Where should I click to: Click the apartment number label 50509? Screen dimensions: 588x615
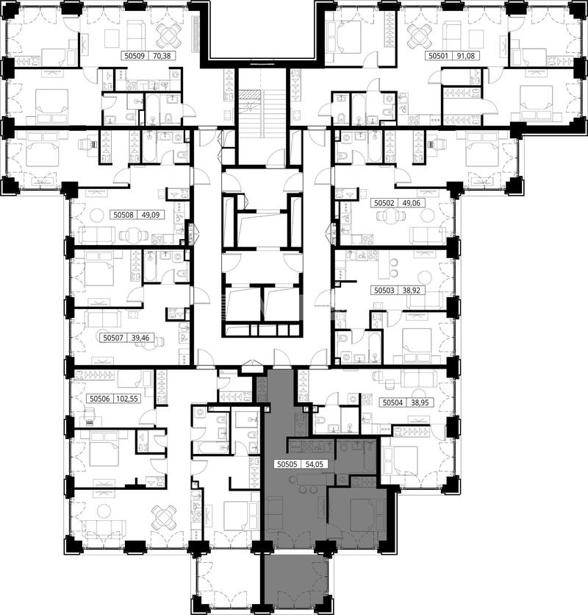pyautogui.click(x=135, y=56)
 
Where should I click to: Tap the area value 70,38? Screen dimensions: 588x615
pyautogui.click(x=162, y=56)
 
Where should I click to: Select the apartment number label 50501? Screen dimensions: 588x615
pyautogui.click(x=438, y=56)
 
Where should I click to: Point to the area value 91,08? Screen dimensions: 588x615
pyautogui.click(x=465, y=56)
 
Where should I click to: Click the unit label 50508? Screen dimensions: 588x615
pyautogui.click(x=124, y=215)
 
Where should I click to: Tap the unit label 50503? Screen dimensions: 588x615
pyautogui.click(x=384, y=291)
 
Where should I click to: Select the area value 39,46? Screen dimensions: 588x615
pyautogui.click(x=140, y=338)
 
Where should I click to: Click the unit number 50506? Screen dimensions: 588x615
pyautogui.click(x=99, y=399)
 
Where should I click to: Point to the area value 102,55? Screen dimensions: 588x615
pyautogui.click(x=127, y=399)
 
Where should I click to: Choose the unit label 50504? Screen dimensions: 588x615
pyautogui.click(x=392, y=402)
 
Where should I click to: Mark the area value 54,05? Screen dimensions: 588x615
pyautogui.click(x=314, y=464)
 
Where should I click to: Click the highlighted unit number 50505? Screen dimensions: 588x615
pyautogui.click(x=287, y=464)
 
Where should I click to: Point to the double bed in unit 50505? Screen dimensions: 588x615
pyautogui.click(x=367, y=515)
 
